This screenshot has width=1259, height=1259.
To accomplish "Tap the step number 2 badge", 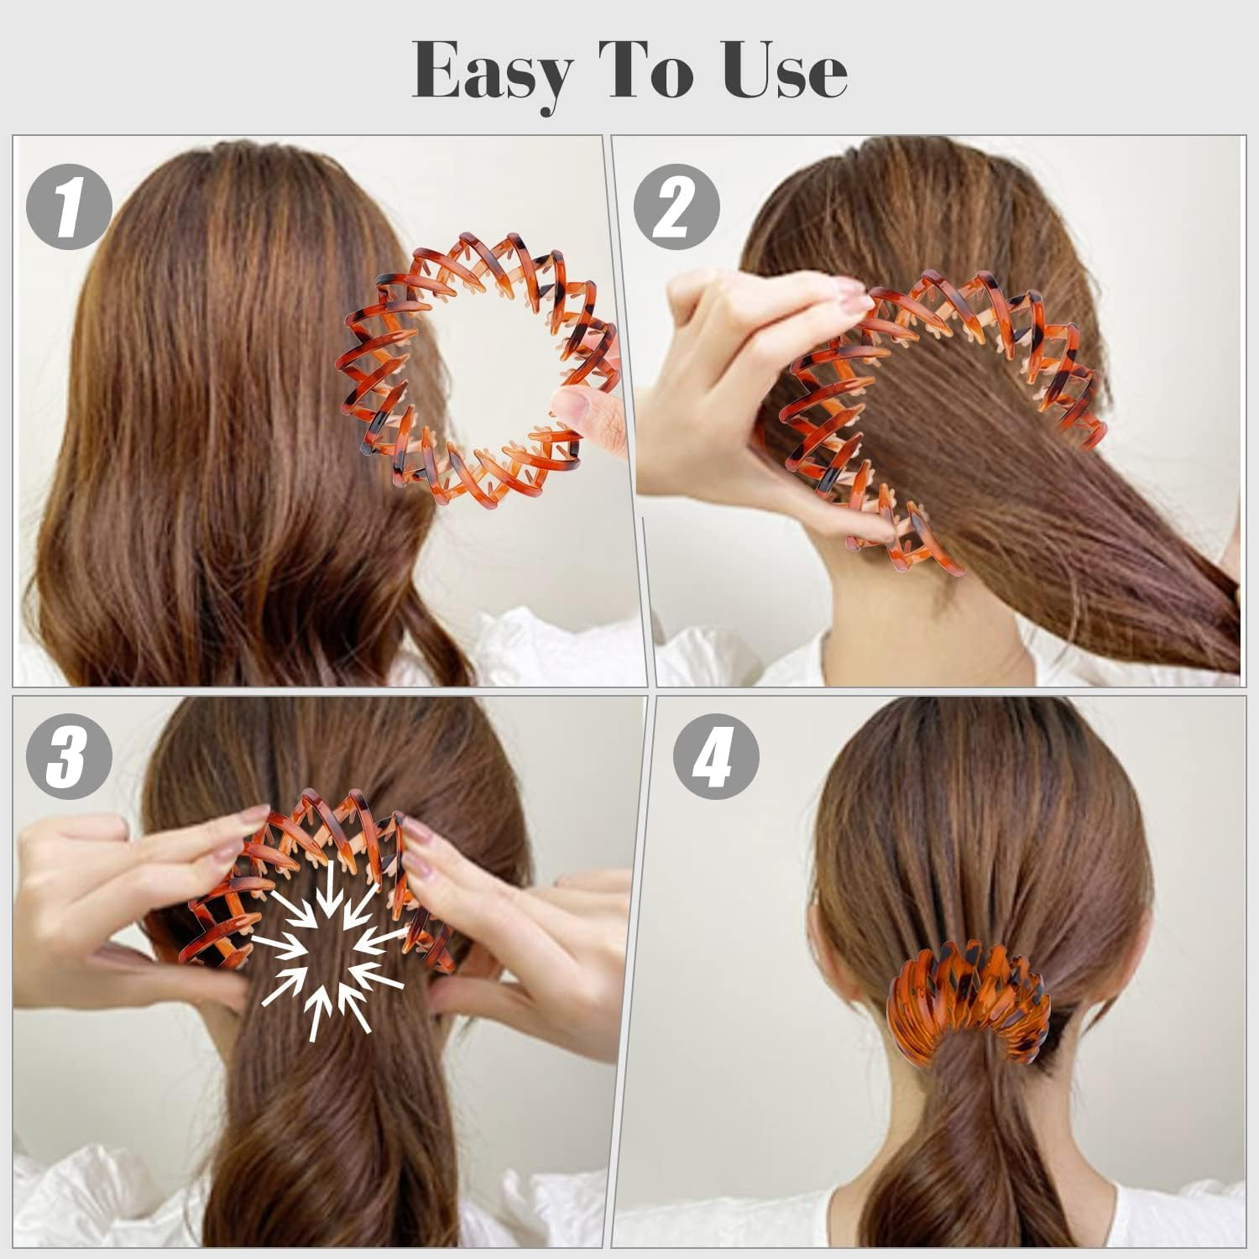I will point(677,206).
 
